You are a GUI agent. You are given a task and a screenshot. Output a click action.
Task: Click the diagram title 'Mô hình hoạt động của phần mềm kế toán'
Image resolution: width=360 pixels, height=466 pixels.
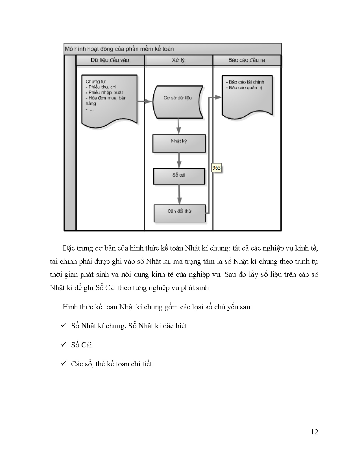[119, 49]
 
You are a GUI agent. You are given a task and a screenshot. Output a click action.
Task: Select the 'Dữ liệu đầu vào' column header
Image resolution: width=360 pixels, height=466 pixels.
[110, 60]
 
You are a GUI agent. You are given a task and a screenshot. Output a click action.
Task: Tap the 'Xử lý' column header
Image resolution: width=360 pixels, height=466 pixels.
[178, 60]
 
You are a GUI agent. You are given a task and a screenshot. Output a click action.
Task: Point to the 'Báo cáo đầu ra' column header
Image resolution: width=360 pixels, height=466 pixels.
[247, 60]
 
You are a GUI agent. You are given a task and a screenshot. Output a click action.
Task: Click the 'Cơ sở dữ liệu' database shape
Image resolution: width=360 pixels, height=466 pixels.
[178, 102]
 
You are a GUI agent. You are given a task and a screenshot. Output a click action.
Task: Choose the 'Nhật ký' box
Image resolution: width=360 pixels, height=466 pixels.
[179, 143]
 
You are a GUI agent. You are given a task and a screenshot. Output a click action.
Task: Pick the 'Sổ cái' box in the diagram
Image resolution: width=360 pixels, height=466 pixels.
[179, 176]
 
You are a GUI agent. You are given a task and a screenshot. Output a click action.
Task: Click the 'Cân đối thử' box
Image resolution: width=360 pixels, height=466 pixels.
[180, 214]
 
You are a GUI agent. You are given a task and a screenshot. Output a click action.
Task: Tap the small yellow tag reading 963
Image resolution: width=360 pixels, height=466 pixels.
[216, 168]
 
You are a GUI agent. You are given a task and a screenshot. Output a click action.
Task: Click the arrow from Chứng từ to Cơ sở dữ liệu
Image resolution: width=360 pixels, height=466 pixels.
[145, 101]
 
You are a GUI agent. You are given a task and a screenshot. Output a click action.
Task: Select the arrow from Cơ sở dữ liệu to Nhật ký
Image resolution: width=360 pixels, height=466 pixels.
[178, 126]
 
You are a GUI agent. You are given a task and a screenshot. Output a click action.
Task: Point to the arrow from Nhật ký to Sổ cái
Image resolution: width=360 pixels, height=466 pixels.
[179, 160]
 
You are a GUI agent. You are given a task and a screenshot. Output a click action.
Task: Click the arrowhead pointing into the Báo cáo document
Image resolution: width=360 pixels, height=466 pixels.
[218, 97]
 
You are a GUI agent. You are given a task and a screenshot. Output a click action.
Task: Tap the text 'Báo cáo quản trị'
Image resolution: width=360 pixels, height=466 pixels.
[244, 88]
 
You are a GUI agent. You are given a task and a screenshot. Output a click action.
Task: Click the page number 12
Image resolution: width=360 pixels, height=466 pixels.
[315, 432]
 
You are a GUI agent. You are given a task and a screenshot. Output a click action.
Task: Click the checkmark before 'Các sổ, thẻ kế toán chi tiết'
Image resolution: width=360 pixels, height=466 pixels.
[64, 363]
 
